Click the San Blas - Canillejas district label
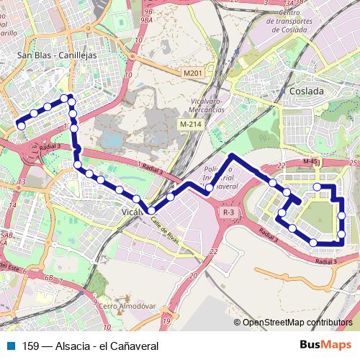click(57, 54)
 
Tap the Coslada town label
click(306, 91)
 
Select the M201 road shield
click(192, 73)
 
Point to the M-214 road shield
click(190, 125)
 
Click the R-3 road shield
click(228, 212)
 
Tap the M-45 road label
click(310, 162)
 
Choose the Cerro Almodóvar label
click(127, 306)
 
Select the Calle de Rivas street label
click(166, 230)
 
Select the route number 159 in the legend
click(31, 346)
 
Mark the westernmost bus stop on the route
click(22, 126)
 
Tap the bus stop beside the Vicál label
click(151, 210)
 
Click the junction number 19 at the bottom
click(166, 320)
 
